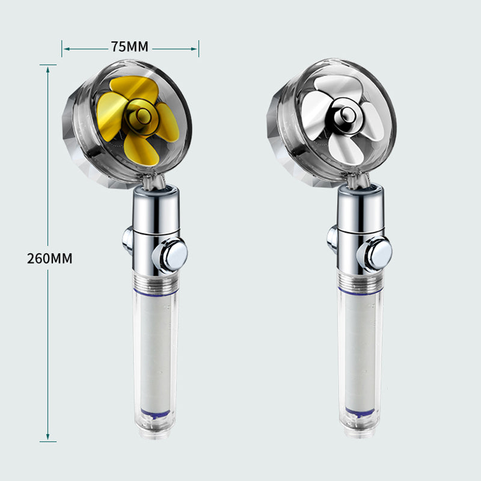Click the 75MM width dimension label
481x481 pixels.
pyautogui.click(x=129, y=47)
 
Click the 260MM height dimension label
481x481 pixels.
pyautogui.click(x=49, y=259)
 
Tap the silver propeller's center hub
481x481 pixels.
pyautogui.click(x=346, y=114)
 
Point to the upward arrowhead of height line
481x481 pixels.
pyautogui.click(x=48, y=68)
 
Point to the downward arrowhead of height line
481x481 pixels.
pyautogui.click(x=48, y=438)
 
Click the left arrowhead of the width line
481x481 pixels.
pyautogui.click(x=64, y=47)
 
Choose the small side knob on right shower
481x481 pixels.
pyautogui.click(x=332, y=239)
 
